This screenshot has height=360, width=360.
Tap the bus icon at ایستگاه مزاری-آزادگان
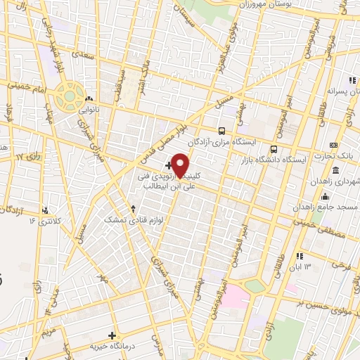pyautogui.click(x=222, y=131)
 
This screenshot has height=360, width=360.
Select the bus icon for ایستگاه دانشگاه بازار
pyautogui.click(x=274, y=149)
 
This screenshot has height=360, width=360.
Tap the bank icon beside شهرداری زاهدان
pyautogui.click(x=335, y=172)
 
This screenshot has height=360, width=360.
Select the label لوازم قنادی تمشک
pyautogui.click(x=134, y=219)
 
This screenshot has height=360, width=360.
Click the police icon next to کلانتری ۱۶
pyautogui.click(x=46, y=210)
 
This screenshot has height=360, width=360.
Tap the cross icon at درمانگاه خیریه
pyautogui.click(x=112, y=335)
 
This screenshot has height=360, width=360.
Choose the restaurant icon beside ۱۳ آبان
pyautogui.click(x=300, y=256)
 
